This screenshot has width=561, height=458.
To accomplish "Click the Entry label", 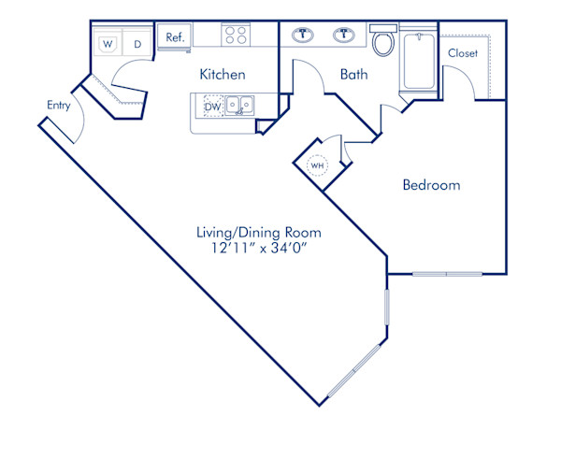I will coord(58,106).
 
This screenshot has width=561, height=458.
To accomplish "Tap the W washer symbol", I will coord(108,43).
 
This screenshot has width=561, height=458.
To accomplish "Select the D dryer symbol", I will coord(137,43).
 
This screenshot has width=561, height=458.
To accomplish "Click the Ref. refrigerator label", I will coord(175,37).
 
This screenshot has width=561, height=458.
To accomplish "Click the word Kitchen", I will coord(223,75).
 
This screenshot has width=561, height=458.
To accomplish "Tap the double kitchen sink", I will coord(239,106).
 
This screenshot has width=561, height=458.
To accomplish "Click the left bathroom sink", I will coord(305,36).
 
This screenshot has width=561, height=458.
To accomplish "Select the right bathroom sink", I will coord(346,36).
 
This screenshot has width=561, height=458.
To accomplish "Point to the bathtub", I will coord(419,59).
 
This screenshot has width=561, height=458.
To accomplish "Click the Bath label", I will coord(354,74).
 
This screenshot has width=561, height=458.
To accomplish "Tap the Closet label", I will coord(463,53).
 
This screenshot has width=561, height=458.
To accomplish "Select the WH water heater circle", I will coord(317,165).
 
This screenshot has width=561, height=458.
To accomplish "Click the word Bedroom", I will coord(431,185).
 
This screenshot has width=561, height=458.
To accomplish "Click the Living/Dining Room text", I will coord(259,232).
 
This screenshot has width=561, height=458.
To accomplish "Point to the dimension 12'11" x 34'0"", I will coord(259,250).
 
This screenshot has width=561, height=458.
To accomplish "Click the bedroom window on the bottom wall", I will coord(447,274).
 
